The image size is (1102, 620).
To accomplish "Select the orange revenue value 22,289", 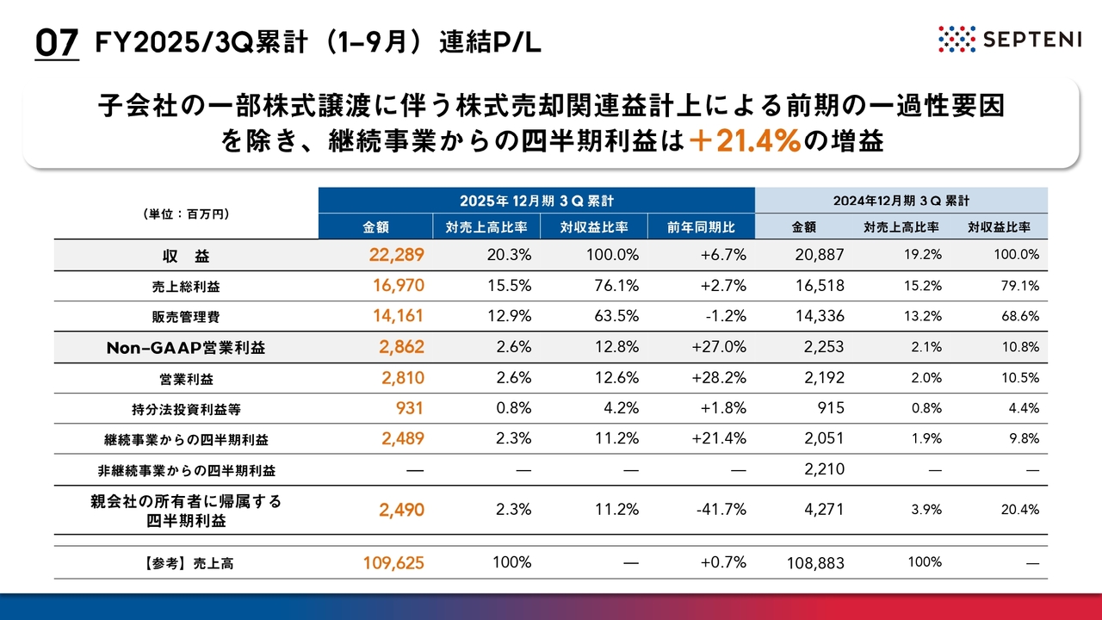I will click(x=395, y=255).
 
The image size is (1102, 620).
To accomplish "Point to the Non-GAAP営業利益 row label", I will click(x=186, y=347).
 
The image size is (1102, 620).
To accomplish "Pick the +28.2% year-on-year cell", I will click(x=718, y=377).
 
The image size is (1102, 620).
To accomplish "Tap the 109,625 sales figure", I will click(x=393, y=563).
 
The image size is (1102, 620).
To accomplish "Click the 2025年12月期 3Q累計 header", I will click(x=536, y=200).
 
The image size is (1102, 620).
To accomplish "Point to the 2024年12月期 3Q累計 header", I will click(x=901, y=200).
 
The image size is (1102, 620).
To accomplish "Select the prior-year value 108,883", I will click(x=816, y=563).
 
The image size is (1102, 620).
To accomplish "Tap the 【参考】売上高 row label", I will click(x=186, y=564).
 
